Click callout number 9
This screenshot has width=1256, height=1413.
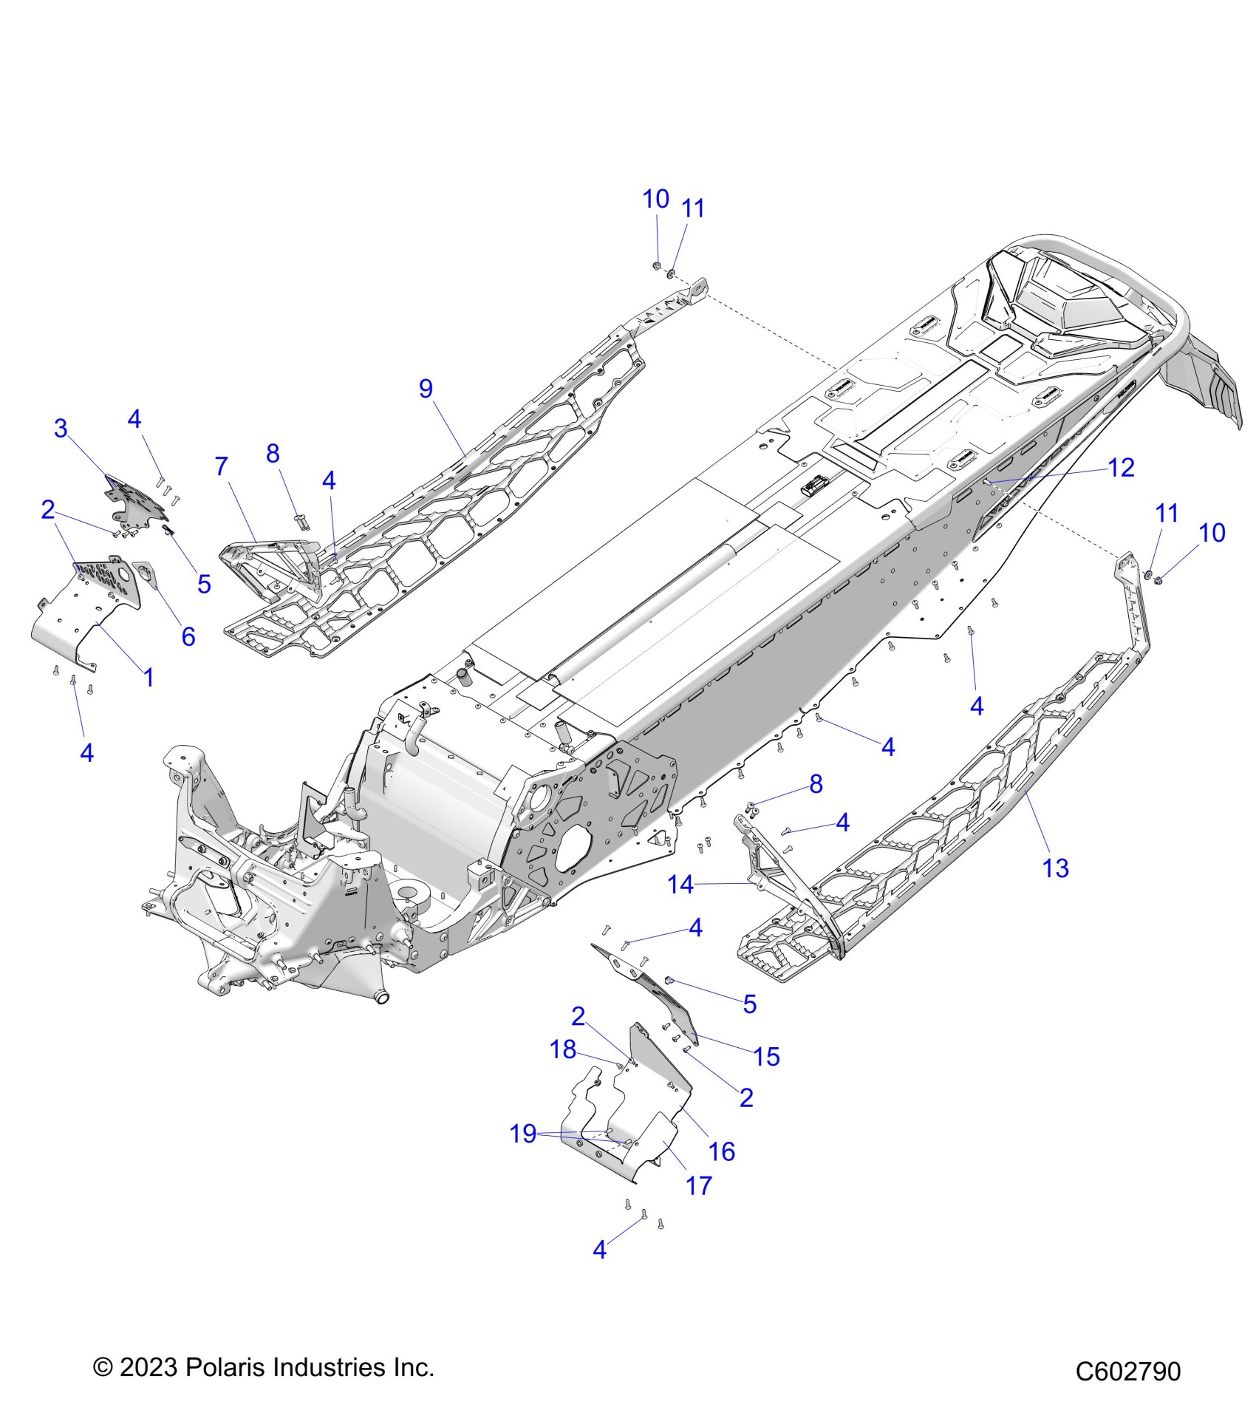pyautogui.click(x=426, y=389)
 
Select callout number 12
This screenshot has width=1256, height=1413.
pyautogui.click(x=1121, y=467)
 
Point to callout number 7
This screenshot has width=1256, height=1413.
pyautogui.click(x=221, y=466)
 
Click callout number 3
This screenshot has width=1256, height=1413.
pyautogui.click(x=61, y=428)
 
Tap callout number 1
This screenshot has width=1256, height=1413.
pyautogui.click(x=149, y=677)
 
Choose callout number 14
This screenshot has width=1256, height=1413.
pyautogui.click(x=680, y=884)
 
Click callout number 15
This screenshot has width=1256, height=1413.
pyautogui.click(x=766, y=1056)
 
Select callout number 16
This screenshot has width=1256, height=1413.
pyautogui.click(x=722, y=1151)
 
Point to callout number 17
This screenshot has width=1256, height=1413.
pyautogui.click(x=698, y=1185)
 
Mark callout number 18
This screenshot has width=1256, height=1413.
pyautogui.click(x=563, y=1049)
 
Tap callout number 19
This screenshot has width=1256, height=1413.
pyautogui.click(x=523, y=1133)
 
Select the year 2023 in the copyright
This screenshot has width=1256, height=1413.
pyautogui.click(x=149, y=1367)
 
